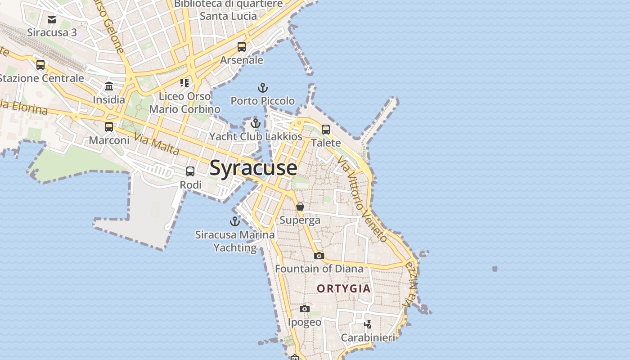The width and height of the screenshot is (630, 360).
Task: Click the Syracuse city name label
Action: point(253,168)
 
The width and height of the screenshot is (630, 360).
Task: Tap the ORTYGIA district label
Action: point(344,288)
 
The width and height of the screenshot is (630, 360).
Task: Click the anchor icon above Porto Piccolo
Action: point(262,88)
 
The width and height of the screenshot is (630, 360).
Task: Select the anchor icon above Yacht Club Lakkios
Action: point(256,123)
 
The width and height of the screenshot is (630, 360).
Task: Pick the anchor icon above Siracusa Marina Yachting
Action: point(234,221)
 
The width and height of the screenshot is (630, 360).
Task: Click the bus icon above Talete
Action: point(326,130)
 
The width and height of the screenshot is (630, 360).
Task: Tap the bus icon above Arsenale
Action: point(242,46)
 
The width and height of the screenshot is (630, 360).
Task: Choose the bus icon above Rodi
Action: point(190,171)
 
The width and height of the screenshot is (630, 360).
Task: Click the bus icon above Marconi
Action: point(109,127)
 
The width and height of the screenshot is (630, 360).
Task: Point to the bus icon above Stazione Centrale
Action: point(40,65)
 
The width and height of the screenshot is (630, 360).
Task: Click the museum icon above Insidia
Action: point(109,86)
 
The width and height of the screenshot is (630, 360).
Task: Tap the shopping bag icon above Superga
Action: point(300,207)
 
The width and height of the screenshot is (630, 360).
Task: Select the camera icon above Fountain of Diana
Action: point(319,256)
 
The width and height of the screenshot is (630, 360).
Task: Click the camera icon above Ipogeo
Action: point(305,309)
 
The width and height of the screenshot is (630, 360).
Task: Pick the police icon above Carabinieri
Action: point(368,324)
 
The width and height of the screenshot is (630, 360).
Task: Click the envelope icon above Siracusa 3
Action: point(52,19)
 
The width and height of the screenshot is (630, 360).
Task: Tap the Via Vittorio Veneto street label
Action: point(362,199)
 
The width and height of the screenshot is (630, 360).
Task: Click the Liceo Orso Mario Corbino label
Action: point(185,103)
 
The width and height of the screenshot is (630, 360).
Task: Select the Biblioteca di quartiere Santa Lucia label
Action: point(229,10)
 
